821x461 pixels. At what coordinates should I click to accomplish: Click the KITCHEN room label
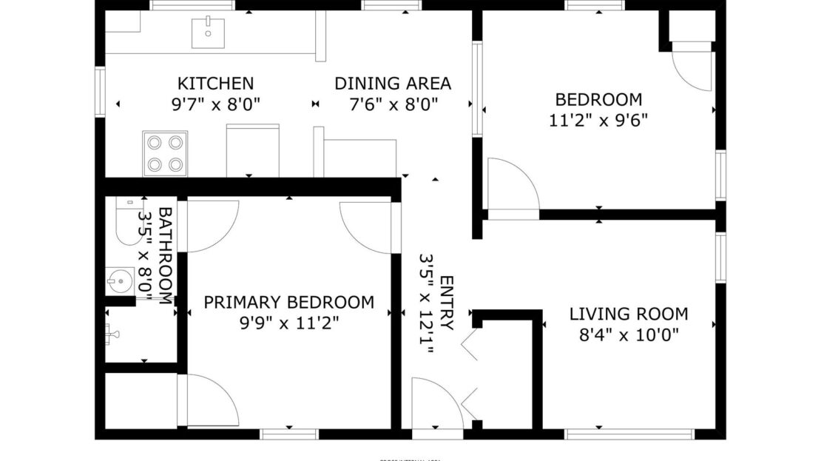[215, 84]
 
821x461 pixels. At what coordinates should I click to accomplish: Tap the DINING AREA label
[392, 84]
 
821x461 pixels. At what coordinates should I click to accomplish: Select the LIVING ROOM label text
[628, 314]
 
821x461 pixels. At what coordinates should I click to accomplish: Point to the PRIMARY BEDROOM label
[288, 302]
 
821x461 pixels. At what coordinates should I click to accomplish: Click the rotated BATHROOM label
[165, 255]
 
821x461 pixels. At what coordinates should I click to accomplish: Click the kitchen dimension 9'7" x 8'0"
[215, 104]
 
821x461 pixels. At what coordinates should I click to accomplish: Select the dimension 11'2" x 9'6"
[598, 120]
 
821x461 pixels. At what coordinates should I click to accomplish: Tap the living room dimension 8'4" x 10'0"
[628, 334]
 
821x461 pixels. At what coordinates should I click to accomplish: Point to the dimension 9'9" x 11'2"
[288, 323]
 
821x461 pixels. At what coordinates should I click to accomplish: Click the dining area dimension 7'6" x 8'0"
[392, 104]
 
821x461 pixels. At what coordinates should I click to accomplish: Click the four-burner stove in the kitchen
[165, 153]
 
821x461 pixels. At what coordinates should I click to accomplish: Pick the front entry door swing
[436, 403]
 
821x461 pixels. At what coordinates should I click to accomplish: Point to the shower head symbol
[112, 334]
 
